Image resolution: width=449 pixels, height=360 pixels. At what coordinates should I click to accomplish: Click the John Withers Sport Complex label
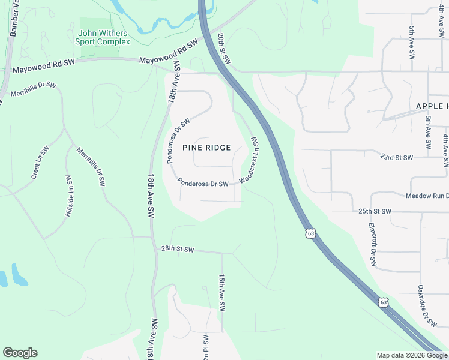(102, 37)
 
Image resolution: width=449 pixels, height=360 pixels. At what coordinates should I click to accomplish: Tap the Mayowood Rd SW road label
(168, 53)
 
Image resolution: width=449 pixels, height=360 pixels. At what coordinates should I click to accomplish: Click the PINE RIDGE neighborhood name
(206, 148)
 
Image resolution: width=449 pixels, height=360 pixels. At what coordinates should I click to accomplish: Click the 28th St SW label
(178, 249)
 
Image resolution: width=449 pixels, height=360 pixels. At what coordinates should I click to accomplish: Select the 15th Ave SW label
(221, 293)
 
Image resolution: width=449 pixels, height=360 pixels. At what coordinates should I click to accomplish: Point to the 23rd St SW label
(397, 157)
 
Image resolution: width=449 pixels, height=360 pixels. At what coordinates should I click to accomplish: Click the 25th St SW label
(375, 212)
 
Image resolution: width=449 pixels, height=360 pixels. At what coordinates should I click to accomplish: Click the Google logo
(20, 353)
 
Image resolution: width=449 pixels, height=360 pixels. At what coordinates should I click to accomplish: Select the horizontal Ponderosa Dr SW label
(203, 184)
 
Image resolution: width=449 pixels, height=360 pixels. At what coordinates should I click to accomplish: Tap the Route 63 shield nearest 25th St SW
(310, 232)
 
